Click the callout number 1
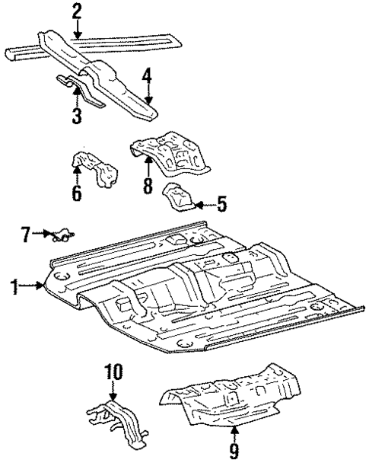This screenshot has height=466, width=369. click(13, 286)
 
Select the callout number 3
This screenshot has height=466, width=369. click(76, 115)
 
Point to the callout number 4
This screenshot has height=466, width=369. click(148, 76)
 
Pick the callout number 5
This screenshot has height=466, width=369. click(221, 204)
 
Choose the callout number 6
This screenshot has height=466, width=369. click(76, 193)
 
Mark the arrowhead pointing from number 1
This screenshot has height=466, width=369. click(43, 286)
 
